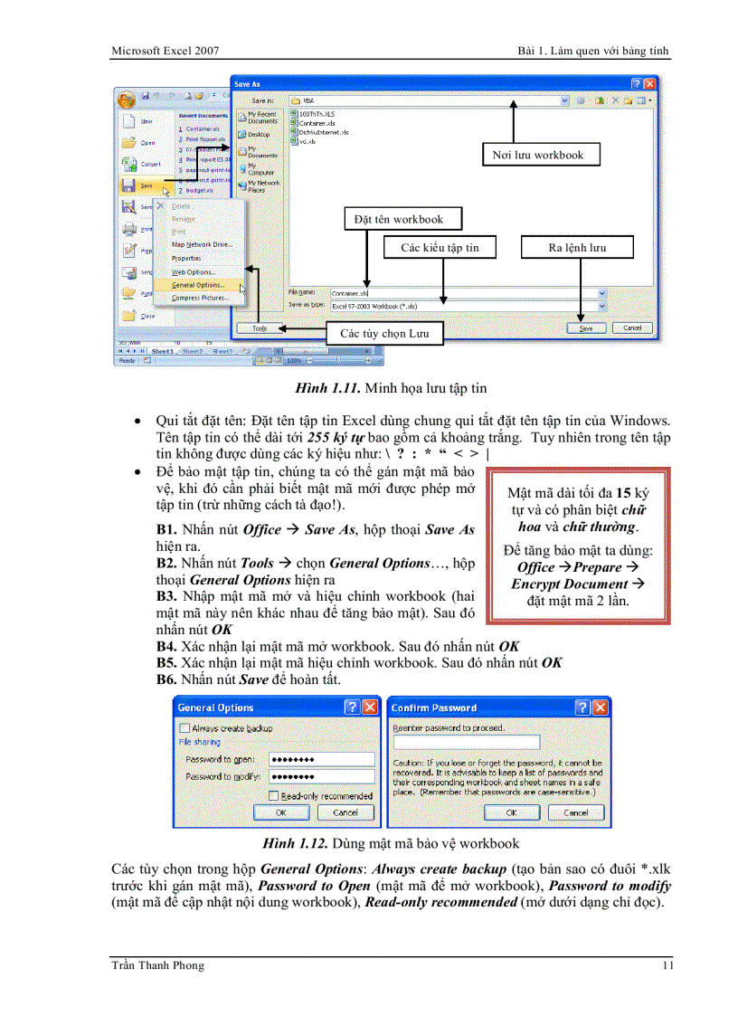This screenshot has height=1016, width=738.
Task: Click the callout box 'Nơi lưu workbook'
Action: [537, 155]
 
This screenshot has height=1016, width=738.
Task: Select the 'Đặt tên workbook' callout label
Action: [398, 219]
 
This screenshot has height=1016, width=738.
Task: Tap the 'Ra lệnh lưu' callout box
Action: [577, 247]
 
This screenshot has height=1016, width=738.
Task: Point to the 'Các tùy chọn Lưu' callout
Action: [383, 334]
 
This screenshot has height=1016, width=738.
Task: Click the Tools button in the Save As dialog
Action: [260, 328]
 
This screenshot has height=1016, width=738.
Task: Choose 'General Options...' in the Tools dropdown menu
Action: [198, 285]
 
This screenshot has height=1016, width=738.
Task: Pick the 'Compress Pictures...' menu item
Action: [200, 298]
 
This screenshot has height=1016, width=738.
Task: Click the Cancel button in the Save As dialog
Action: [631, 328]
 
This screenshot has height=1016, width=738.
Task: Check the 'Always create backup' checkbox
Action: [185, 728]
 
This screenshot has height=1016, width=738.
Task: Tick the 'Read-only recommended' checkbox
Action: [274, 796]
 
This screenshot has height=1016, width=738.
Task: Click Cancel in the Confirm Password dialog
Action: [576, 812]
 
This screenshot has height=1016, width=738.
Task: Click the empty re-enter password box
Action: [466, 742]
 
